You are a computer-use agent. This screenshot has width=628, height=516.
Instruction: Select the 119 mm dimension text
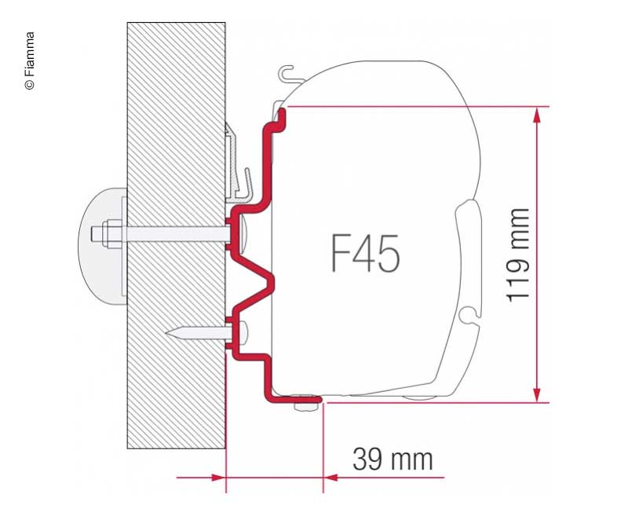coord(519,254)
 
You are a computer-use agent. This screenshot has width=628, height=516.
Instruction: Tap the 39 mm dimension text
coord(392,459)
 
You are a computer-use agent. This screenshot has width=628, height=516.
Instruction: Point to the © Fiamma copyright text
coord(30,61)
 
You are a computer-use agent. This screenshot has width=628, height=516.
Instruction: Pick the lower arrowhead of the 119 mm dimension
coord(536,393)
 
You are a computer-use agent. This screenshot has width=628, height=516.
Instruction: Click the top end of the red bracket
coord(279,114)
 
